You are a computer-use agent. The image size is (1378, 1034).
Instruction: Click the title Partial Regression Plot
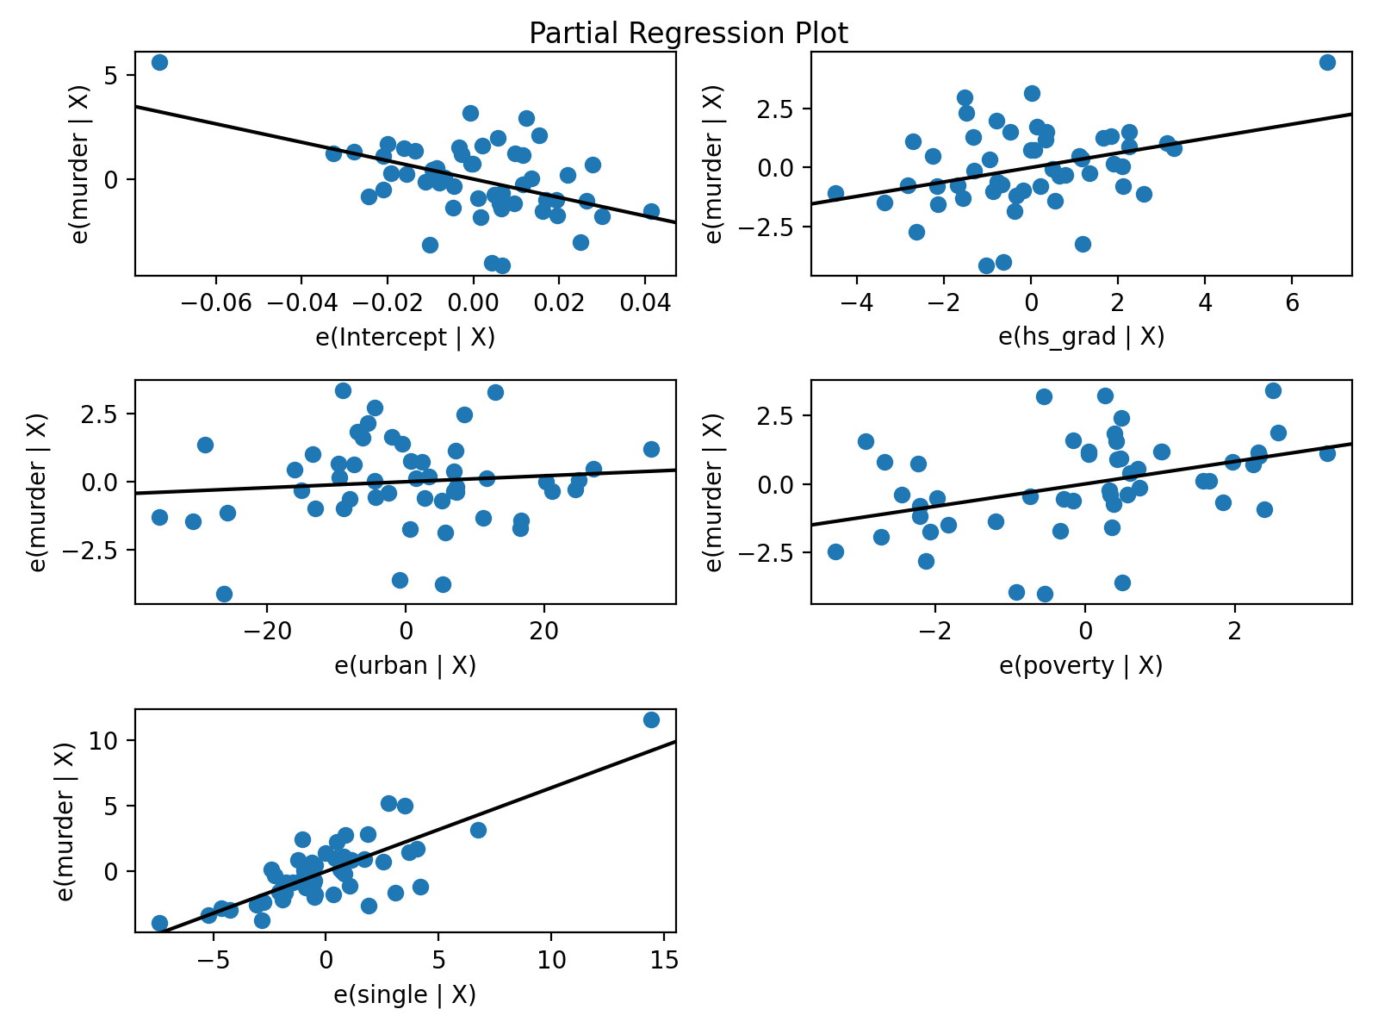click(688, 34)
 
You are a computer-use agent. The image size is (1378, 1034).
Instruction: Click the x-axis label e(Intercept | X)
click(405, 337)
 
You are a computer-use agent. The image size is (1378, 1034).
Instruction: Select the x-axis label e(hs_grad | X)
click(1081, 337)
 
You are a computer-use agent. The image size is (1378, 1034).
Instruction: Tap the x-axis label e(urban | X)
click(405, 666)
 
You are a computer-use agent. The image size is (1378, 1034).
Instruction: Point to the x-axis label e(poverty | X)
click(1081, 666)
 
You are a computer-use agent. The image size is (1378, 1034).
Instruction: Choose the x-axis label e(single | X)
click(405, 995)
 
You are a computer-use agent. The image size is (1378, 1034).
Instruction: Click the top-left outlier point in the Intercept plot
click(159, 62)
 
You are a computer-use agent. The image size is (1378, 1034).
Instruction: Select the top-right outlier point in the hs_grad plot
click(1327, 62)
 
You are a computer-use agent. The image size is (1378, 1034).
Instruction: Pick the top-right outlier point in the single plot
click(651, 719)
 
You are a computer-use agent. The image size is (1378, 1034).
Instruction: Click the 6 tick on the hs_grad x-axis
click(1292, 303)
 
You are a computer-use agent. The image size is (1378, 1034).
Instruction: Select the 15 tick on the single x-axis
click(663, 962)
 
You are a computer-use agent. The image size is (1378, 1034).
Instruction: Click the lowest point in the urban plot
click(224, 594)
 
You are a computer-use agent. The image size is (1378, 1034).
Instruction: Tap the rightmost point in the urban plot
click(651, 449)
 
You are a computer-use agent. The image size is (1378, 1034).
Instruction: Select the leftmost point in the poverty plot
click(835, 551)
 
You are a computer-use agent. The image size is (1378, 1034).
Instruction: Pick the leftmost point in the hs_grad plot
click(835, 193)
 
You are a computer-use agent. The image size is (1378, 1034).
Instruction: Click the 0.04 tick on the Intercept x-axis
click(645, 303)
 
